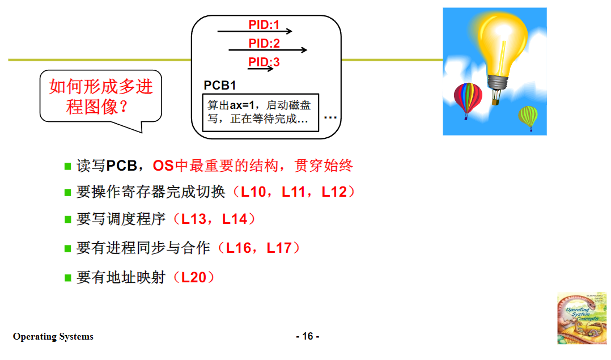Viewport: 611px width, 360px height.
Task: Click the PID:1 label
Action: point(264,25)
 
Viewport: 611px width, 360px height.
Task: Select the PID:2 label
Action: point(264,44)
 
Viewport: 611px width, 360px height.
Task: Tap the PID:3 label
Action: point(264,62)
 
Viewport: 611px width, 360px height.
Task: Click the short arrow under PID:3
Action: point(260,69)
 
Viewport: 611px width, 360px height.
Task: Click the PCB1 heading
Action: point(220,86)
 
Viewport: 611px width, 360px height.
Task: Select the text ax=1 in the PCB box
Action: point(243,105)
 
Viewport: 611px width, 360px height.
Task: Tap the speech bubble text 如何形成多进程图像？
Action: point(101,96)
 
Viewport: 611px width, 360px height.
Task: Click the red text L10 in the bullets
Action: point(253,192)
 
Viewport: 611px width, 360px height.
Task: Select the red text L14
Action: point(235,219)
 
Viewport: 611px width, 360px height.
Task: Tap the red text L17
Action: point(279,248)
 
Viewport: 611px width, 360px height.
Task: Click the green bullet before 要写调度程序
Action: point(67,219)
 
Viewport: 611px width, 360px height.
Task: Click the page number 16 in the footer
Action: point(307,336)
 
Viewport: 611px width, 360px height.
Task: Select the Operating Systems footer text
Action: point(53,337)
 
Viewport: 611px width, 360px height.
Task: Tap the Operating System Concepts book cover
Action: point(582,318)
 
